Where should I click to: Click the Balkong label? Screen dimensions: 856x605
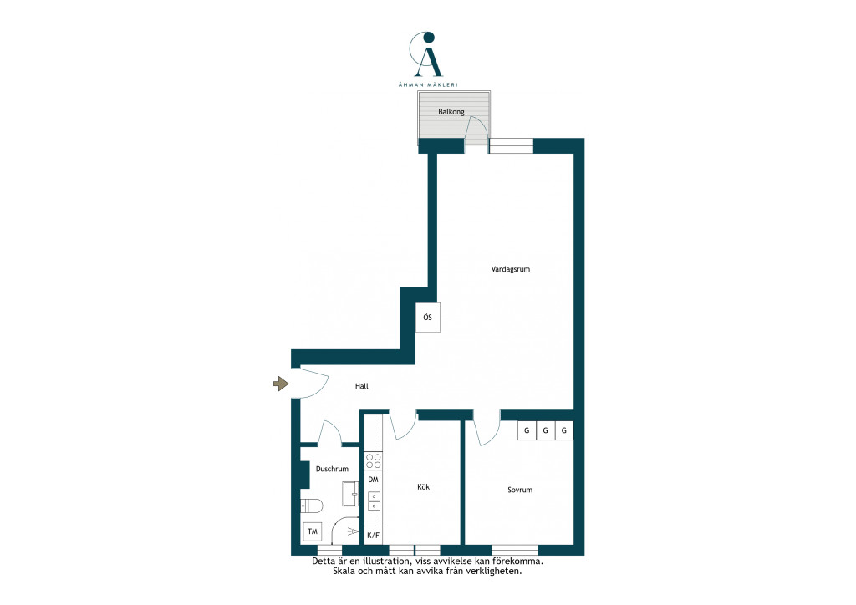click(451, 112)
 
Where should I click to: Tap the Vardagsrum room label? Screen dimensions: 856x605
click(511, 269)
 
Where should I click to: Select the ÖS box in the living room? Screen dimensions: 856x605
click(427, 317)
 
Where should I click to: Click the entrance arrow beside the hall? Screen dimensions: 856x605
click(281, 384)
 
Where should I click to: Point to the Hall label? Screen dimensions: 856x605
click(361, 386)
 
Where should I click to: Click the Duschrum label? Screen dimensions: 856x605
click(332, 469)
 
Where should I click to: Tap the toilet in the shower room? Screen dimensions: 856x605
click(312, 506)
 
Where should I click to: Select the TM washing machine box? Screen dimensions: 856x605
click(313, 531)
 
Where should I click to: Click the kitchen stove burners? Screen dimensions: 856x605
click(374, 461)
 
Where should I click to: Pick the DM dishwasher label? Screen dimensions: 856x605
click(373, 480)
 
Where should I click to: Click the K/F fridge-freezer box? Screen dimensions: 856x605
click(374, 535)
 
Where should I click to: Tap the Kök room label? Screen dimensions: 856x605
click(423, 486)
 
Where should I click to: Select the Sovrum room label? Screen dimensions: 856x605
click(520, 490)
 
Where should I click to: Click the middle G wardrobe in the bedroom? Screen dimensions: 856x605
click(545, 430)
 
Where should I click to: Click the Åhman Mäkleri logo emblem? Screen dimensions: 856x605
click(426, 54)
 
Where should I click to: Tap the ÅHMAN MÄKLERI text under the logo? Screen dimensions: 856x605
click(427, 84)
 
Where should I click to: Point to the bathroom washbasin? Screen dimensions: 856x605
click(351, 494)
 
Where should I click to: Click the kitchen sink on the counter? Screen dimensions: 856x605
click(374, 501)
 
